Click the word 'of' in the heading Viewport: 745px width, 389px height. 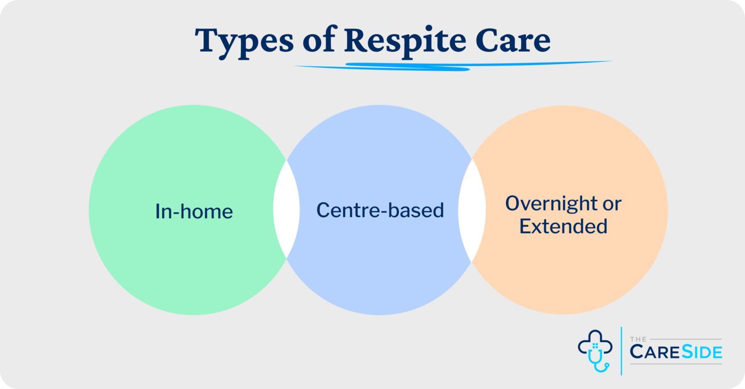pos(319,40)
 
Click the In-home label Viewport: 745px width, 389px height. pos(194,212)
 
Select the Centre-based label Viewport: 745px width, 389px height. pos(380,210)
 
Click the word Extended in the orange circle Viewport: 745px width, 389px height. pos(563,227)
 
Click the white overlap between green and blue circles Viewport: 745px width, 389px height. pos(286,209)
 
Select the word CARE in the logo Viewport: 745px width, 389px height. pos(655,352)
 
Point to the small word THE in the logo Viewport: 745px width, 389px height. pos(638,339)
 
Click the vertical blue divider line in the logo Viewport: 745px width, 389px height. pos(622,351)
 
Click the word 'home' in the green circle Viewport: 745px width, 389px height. pos(206,212)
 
